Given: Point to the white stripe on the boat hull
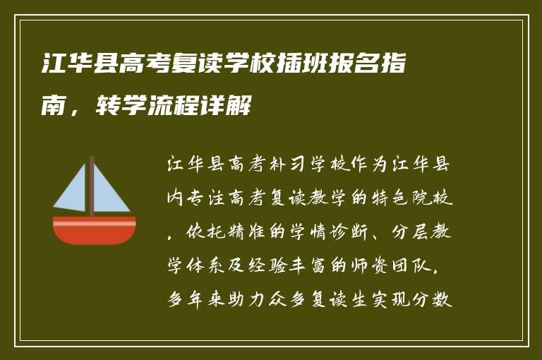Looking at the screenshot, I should click(x=94, y=223).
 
